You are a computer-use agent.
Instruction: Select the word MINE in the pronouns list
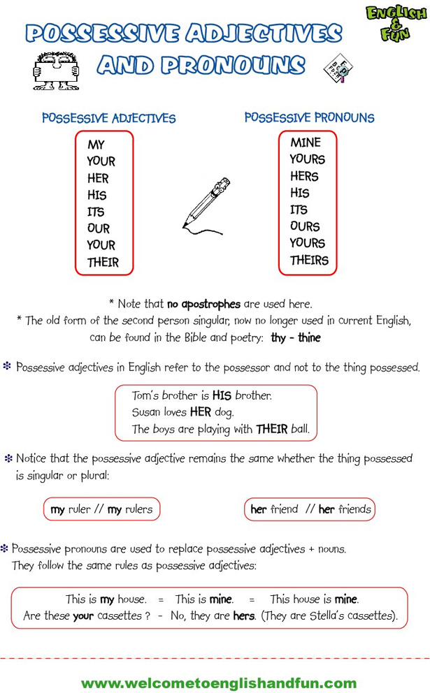click(306, 143)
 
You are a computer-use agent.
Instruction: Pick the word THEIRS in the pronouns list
click(309, 261)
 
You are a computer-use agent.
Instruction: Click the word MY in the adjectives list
click(96, 145)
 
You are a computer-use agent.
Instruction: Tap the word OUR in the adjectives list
click(99, 228)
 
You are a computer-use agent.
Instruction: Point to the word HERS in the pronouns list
click(304, 177)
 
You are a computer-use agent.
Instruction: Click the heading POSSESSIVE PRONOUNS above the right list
click(309, 117)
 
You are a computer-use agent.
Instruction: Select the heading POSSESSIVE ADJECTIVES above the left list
click(108, 118)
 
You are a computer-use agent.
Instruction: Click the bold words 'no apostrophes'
click(203, 304)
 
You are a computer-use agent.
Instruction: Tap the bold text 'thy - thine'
click(295, 337)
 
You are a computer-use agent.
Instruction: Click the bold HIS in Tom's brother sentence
click(222, 395)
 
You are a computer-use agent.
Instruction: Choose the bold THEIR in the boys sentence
click(272, 429)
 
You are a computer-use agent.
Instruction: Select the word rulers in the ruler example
click(138, 509)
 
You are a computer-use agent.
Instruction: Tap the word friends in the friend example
click(354, 509)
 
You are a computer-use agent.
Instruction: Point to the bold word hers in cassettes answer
click(244, 616)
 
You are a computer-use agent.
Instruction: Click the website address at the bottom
click(219, 683)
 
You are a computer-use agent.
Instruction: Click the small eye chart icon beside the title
click(335, 68)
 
